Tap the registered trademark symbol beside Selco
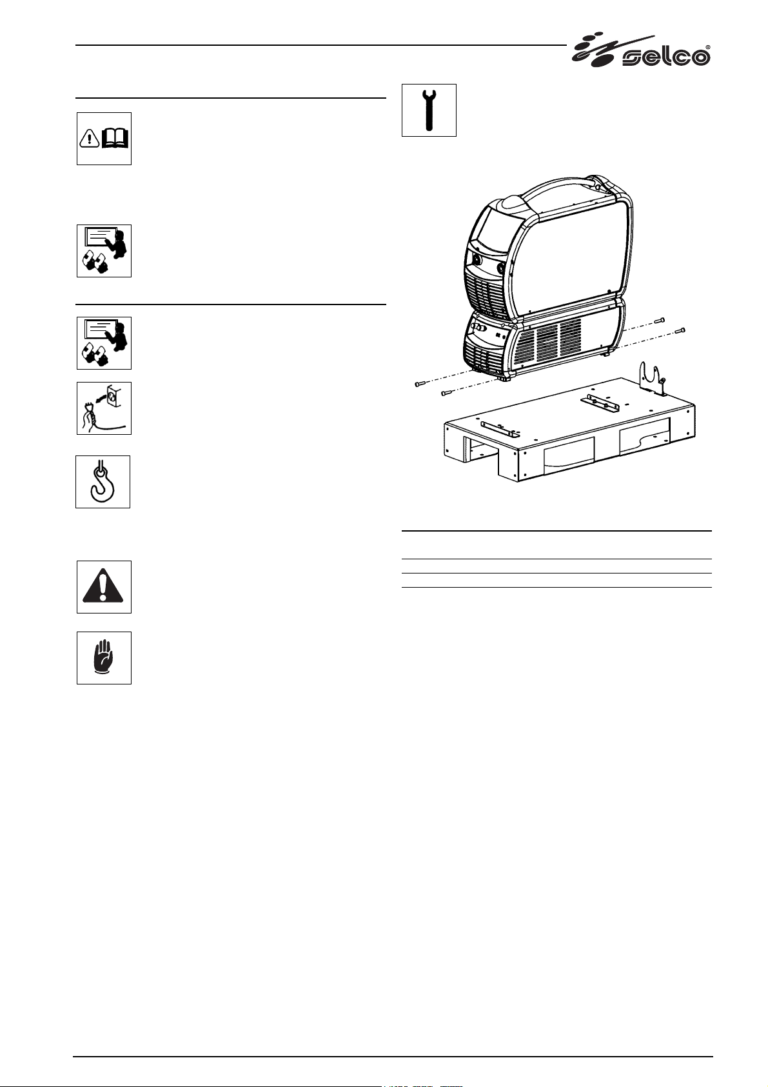(707, 48)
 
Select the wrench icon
(429, 110)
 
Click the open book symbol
(115, 139)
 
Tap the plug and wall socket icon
(104, 408)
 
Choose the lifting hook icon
(103, 482)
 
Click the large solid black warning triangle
(104, 587)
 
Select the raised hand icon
(104, 658)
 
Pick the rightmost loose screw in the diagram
(680, 330)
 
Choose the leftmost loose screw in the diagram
(420, 385)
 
